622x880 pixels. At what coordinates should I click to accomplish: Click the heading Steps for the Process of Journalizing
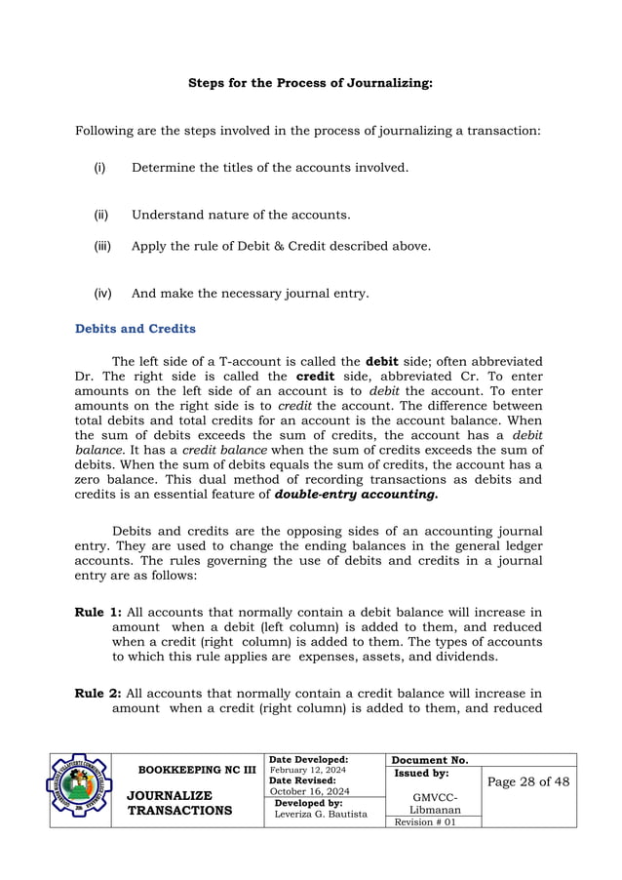310,84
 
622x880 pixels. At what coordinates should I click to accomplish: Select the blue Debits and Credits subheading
135,329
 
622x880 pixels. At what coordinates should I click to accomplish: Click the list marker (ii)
100,215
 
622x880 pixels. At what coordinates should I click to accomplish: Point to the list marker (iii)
102,246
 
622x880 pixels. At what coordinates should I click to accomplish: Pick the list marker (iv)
102,293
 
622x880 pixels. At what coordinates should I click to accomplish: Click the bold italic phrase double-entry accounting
356,495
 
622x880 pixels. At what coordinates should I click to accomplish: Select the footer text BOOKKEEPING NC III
197,770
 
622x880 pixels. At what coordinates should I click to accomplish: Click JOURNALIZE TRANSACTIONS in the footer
179,803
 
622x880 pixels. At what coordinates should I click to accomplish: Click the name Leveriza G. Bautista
321,814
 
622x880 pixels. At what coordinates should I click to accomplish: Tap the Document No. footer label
430,760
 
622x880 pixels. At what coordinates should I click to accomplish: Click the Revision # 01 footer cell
422,821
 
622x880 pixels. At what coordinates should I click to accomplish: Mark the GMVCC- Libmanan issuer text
435,803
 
